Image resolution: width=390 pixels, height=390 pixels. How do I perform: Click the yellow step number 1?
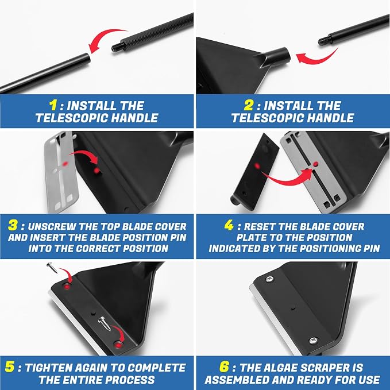tap(53, 105)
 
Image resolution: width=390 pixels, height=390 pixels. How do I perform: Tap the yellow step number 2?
tap(248, 105)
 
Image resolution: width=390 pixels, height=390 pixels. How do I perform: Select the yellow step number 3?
tap(13, 225)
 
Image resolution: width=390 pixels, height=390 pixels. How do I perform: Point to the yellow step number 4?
tap(229, 225)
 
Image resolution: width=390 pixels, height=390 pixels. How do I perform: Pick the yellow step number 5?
tap(10, 367)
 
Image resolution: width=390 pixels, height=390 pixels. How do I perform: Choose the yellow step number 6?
tap(224, 367)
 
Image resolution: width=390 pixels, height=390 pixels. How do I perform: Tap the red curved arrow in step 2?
tap(315, 57)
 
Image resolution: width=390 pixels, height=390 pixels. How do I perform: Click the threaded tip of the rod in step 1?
tap(117, 47)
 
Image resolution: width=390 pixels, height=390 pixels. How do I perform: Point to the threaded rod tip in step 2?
tap(323, 40)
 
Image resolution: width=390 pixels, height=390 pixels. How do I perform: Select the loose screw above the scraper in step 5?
tap(52, 268)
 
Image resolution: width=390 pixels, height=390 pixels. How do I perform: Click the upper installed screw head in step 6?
tap(270, 279)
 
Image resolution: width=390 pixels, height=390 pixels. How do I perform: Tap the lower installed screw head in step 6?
tap(314, 340)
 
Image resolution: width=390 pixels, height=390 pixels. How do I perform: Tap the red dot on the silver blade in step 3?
tap(65, 164)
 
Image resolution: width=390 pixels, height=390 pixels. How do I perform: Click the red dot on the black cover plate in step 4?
tap(257, 166)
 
